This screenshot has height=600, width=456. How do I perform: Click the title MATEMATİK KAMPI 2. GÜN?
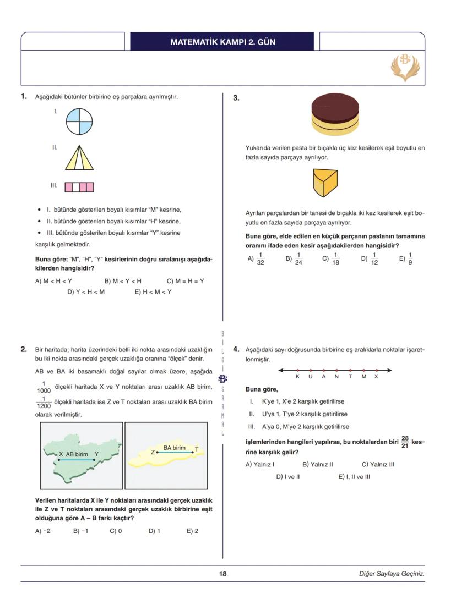pyautogui.click(x=222, y=42)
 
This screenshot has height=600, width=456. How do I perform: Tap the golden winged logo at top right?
pyautogui.click(x=405, y=67)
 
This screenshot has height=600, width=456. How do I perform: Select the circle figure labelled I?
pyautogui.click(x=79, y=121)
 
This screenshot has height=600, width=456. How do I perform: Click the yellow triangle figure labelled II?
pyautogui.click(x=79, y=156)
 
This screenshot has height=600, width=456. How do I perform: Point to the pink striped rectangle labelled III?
pyautogui.click(x=79, y=187)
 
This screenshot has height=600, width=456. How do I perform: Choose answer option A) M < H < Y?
pyautogui.click(x=54, y=281)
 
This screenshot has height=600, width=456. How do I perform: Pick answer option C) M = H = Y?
pyautogui.click(x=186, y=281)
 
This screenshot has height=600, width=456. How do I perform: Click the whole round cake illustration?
pyautogui.click(x=335, y=114)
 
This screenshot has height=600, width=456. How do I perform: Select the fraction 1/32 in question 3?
pyautogui.click(x=260, y=258)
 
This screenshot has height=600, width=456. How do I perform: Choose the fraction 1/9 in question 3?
pyautogui.click(x=410, y=258)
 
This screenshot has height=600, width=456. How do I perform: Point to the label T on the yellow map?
pyautogui.click(x=197, y=450)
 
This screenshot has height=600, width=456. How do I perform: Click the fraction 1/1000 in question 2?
pyautogui.click(x=43, y=387)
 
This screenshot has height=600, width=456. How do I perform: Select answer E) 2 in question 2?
pyautogui.click(x=192, y=531)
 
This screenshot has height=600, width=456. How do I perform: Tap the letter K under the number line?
pyautogui.click(x=297, y=377)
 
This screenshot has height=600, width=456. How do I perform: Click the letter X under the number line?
pyautogui.click(x=376, y=377)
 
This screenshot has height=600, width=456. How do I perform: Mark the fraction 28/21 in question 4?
pyautogui.click(x=405, y=442)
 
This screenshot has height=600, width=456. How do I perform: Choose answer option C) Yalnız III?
pyautogui.click(x=378, y=464)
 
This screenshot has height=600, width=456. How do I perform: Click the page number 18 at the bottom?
pyautogui.click(x=222, y=574)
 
